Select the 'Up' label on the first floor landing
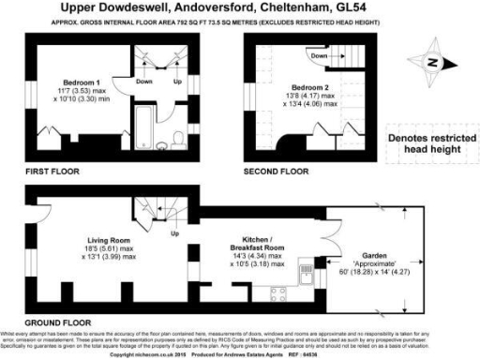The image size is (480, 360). click(177, 82)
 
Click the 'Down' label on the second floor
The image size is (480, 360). click(319, 55)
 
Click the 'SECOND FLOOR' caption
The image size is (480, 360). click(275, 172)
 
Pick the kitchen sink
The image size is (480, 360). click(306, 276)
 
